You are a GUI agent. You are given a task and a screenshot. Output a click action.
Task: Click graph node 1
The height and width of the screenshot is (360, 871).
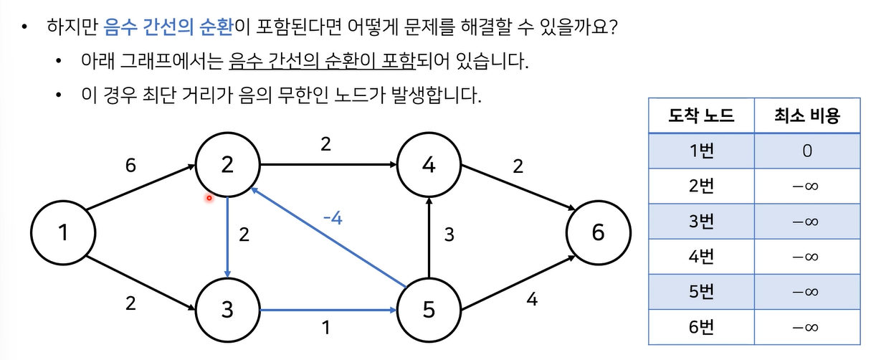[x=63, y=232]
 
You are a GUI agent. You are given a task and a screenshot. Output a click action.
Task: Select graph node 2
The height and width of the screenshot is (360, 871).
[x=227, y=165]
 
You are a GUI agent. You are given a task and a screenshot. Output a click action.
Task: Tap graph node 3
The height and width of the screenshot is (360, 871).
[x=227, y=311]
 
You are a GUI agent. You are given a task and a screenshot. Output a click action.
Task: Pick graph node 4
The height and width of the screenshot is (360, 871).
[x=429, y=165]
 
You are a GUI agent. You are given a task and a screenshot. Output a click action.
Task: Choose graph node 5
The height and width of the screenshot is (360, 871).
[x=429, y=311]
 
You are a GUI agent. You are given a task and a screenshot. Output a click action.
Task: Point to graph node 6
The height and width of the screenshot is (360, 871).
[x=598, y=232]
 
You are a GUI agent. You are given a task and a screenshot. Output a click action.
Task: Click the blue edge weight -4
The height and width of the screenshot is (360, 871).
[x=332, y=218]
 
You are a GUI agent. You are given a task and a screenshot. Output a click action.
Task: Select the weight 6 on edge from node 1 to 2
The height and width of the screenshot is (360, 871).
[x=130, y=166]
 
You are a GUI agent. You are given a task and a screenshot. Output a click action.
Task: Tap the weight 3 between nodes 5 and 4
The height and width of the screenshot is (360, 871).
[x=449, y=235]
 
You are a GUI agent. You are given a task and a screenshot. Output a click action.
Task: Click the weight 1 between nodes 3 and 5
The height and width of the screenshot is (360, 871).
[x=326, y=328]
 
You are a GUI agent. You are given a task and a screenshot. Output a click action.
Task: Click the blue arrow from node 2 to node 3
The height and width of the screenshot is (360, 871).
[x=227, y=237]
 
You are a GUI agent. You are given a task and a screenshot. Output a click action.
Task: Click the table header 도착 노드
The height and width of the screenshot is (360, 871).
[x=701, y=115]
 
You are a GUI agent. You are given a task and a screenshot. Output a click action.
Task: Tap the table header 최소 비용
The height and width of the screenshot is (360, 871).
[x=806, y=115]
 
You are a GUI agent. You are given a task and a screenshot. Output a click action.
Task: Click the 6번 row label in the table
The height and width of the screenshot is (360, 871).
[x=701, y=326]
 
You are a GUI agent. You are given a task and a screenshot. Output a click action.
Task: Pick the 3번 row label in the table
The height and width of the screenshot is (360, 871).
[x=701, y=221]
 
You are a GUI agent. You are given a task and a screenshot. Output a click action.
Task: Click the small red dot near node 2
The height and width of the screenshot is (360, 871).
[x=209, y=198]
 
